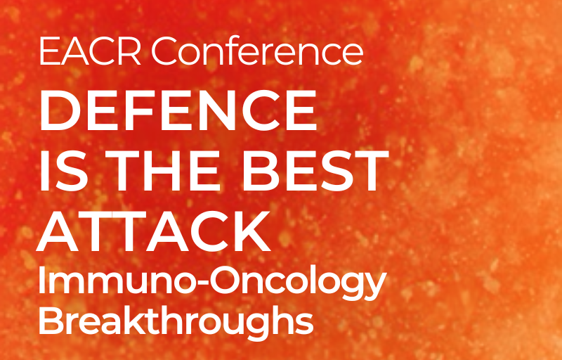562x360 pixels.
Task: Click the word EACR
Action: [x=90, y=52]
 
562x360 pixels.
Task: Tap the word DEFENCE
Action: [x=178, y=110]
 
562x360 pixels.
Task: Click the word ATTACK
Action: [x=153, y=231]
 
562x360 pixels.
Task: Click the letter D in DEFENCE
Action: [x=60, y=110]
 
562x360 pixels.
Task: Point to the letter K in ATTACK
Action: [x=251, y=231]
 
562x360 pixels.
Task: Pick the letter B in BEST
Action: [x=260, y=172]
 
